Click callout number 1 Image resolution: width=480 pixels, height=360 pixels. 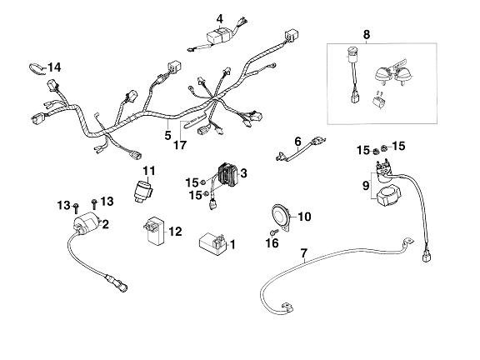coord(232,245)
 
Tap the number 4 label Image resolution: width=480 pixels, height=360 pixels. coord(220,18)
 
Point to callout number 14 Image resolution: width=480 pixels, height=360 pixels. coord(54,67)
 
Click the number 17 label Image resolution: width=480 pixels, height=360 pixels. coord(180,145)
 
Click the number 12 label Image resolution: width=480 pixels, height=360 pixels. coord(176,231)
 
